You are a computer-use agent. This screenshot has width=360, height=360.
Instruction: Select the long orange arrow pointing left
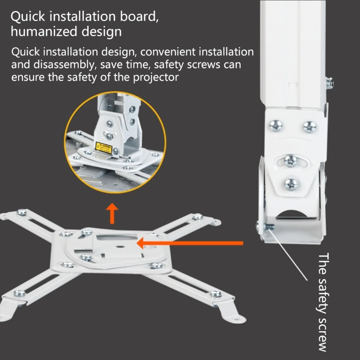[189, 243]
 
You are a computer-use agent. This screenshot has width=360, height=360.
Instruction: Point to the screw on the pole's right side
[330, 83]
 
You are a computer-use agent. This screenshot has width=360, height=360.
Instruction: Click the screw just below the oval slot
[291, 183]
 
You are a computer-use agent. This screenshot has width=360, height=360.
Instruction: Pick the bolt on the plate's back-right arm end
[197, 217]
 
